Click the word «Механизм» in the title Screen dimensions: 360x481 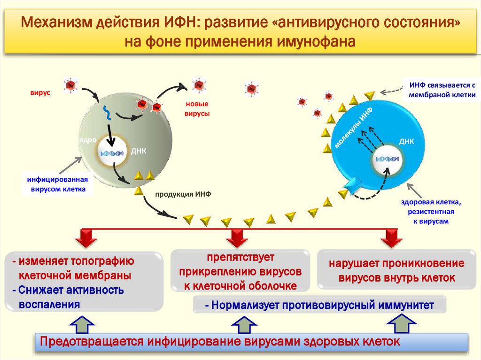pos(57,22)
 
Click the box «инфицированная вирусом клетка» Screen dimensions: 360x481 pos(56,184)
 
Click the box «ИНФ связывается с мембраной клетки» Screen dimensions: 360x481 pos(442,89)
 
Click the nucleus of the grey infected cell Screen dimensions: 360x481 pos(112,152)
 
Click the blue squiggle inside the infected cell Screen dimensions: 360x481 pos(108,113)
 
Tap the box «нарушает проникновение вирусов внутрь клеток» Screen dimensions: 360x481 pos(396,270)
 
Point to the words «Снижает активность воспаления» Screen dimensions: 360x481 pos(70,297)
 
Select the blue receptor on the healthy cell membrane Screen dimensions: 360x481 pos(351,185)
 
